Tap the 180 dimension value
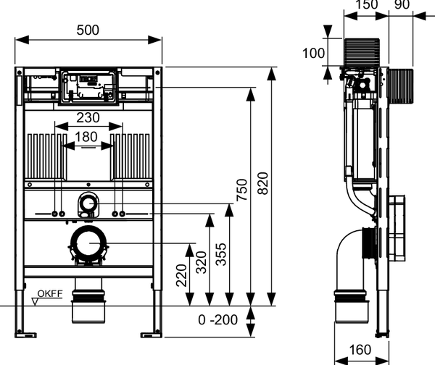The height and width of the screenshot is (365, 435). point(88,137)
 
